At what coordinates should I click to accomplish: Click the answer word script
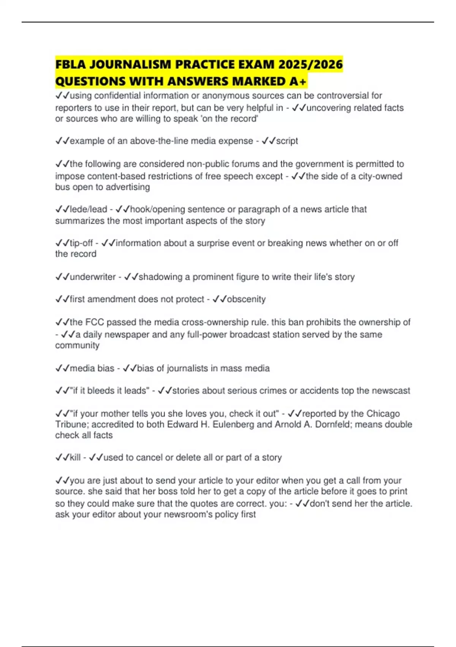tap(287, 141)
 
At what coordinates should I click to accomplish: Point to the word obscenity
tap(246, 299)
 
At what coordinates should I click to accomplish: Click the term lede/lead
tap(89, 209)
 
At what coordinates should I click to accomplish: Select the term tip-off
tap(81, 243)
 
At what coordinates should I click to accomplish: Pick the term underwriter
tap(93, 277)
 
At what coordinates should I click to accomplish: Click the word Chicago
tap(382, 414)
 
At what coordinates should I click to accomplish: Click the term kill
tap(75, 457)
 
